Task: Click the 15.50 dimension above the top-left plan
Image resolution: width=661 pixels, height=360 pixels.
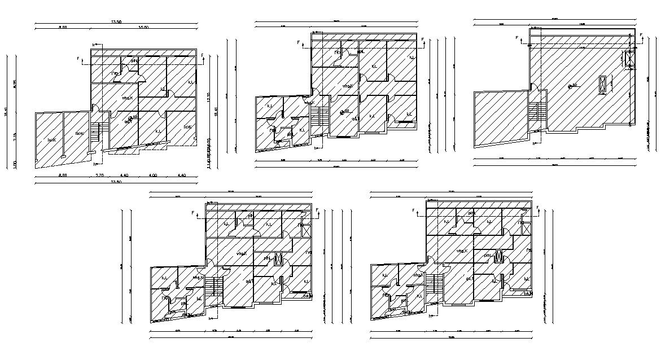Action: (143, 27)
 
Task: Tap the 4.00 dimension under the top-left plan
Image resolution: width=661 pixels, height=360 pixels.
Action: (152, 175)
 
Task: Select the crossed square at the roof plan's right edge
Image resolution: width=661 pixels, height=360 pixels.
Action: (628, 59)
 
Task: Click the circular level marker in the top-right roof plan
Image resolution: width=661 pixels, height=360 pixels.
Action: (569, 86)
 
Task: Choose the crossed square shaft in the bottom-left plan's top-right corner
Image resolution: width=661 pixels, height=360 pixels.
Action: (307, 230)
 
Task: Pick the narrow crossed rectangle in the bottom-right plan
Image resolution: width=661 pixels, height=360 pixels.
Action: (499, 256)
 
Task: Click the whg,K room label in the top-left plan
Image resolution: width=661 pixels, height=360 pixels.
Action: (128, 98)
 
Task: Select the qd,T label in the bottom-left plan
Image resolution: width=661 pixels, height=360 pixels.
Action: (249, 280)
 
